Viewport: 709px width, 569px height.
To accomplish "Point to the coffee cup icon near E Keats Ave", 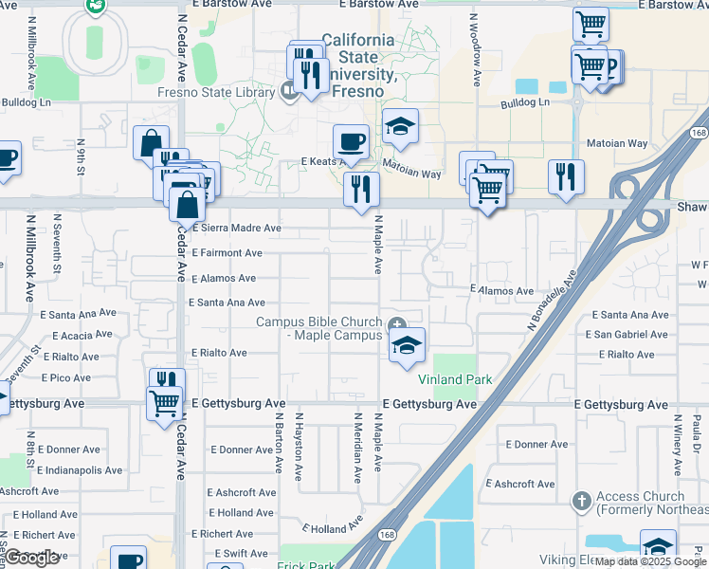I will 351,142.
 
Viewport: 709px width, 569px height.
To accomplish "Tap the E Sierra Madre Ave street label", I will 237,229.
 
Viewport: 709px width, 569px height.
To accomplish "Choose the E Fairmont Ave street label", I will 227,253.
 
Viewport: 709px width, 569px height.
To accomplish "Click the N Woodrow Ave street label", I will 475,49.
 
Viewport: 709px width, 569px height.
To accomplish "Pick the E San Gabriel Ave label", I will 627,335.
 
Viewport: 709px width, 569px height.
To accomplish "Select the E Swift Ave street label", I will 241,554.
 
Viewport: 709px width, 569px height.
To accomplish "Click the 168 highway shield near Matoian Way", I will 699,134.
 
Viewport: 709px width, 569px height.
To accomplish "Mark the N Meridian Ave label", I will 358,444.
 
